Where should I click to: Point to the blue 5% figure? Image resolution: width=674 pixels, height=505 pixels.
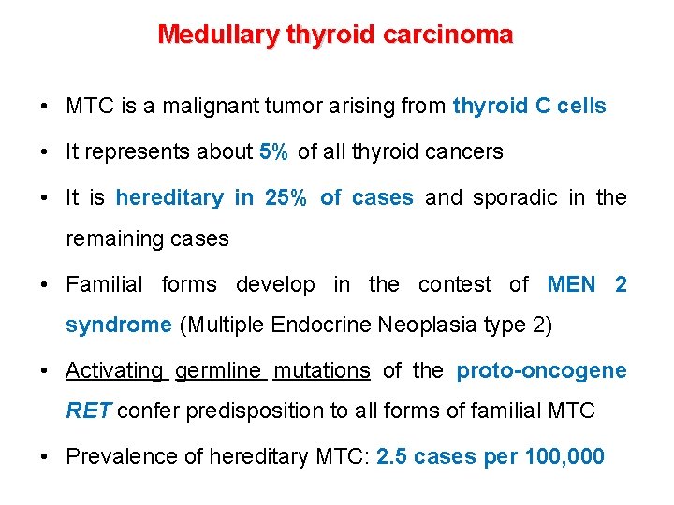[274, 151]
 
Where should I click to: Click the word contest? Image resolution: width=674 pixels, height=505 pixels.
[455, 283]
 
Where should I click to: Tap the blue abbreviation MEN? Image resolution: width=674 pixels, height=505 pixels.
[570, 283]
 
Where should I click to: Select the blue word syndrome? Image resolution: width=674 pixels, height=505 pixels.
[118, 325]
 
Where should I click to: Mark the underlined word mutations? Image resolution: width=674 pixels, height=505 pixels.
[321, 370]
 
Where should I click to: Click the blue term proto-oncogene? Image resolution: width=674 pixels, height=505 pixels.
[541, 370]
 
